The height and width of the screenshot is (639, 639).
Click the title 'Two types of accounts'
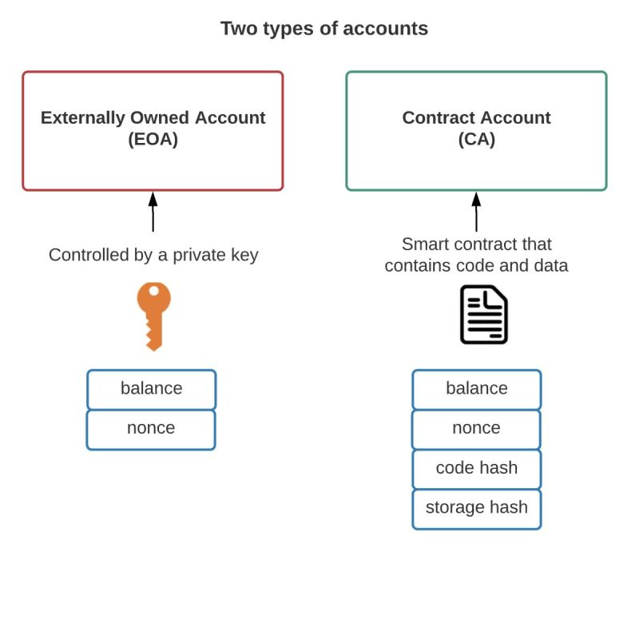click(x=324, y=29)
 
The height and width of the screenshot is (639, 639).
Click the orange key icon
click(x=153, y=316)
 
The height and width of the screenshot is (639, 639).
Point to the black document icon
click(x=484, y=315)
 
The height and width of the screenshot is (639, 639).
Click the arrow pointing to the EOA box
click(x=153, y=212)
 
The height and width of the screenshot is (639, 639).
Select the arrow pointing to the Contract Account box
click(x=476, y=212)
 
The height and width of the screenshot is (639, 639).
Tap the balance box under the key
click(x=151, y=389)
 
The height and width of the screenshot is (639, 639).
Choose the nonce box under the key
click(x=151, y=430)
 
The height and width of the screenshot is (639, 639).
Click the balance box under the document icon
click(x=476, y=389)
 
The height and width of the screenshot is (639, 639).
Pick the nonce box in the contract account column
click(x=476, y=430)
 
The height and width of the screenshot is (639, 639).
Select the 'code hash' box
click(x=476, y=469)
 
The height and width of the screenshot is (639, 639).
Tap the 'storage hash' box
click(x=476, y=509)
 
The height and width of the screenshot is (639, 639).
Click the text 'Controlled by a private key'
click(x=153, y=256)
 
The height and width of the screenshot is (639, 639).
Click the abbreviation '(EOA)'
click(x=153, y=139)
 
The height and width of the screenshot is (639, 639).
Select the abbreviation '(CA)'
click(x=476, y=139)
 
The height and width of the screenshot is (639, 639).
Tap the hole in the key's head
click(x=154, y=291)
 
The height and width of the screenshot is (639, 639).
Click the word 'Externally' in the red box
click(x=83, y=118)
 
